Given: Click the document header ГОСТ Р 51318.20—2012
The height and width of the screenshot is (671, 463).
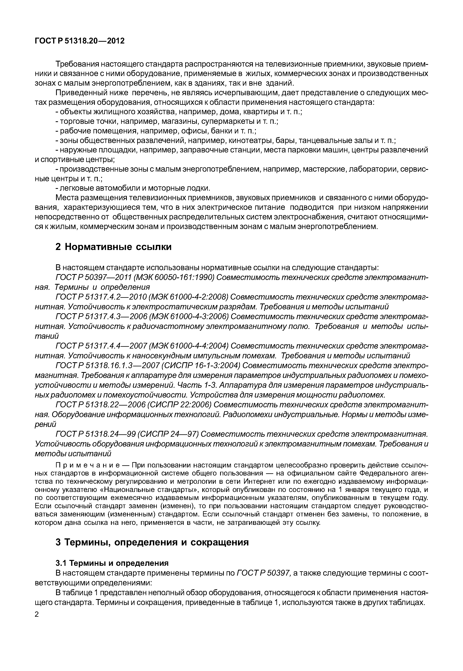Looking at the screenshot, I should click(80, 41).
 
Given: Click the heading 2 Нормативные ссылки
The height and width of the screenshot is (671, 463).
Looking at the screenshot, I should click(113, 247).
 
